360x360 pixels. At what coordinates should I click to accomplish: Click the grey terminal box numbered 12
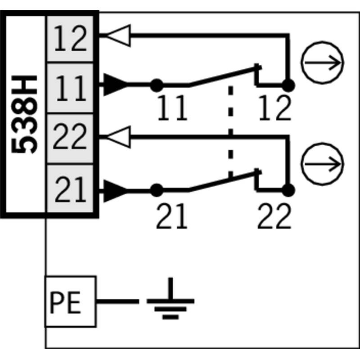70,39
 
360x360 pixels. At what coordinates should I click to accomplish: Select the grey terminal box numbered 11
70,88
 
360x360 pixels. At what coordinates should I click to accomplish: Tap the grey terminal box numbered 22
70,139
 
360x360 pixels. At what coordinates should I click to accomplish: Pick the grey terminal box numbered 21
70,189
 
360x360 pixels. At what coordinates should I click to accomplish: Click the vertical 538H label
24,114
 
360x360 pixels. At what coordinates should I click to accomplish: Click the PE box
71,301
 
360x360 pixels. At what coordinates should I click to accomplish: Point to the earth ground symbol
171,298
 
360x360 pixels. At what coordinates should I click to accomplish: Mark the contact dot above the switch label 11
157,85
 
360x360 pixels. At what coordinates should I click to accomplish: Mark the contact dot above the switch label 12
288,85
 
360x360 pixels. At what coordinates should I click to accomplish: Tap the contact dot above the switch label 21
157,190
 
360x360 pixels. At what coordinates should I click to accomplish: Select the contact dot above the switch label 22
288,190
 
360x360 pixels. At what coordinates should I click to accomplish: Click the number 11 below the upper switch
173,108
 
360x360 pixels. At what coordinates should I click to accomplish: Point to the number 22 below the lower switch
274,216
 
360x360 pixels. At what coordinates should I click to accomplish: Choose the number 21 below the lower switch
172,216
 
